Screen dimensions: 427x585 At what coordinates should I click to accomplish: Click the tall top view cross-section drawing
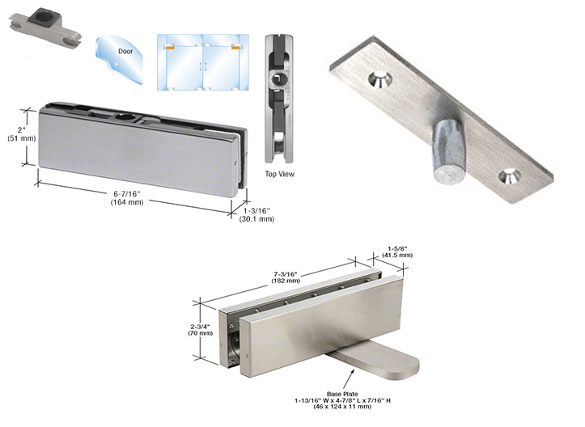pos(279,97)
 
